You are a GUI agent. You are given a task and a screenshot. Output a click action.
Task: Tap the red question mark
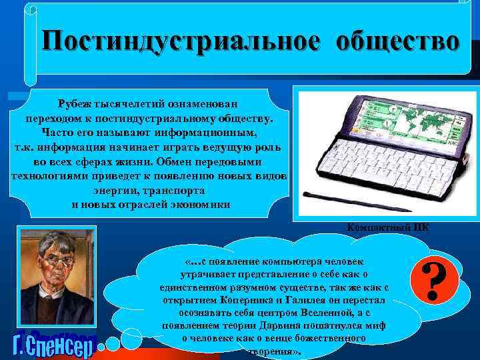click(x=435, y=281)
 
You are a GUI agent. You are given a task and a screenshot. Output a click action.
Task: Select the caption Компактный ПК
click(x=388, y=227)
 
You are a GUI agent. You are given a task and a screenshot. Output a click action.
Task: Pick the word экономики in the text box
click(x=199, y=205)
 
